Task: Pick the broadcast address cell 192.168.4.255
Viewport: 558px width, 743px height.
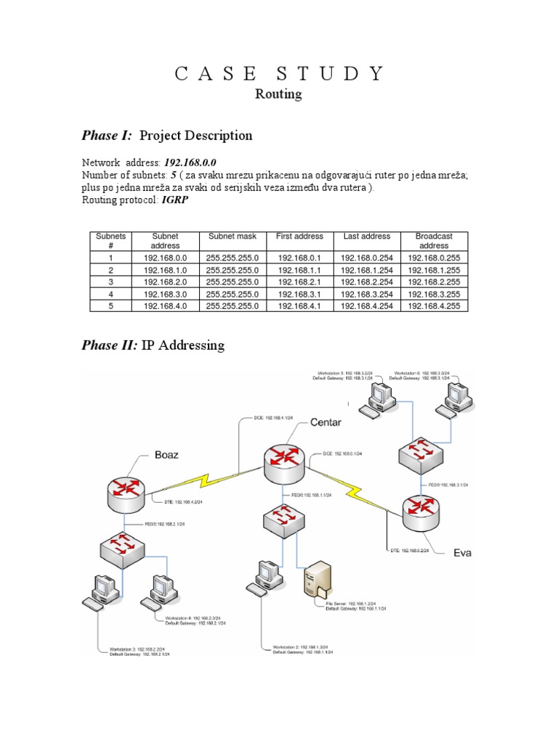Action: [434, 306]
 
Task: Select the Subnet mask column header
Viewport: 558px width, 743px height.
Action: [232, 237]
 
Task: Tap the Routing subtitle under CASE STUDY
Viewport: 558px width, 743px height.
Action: [278, 94]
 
